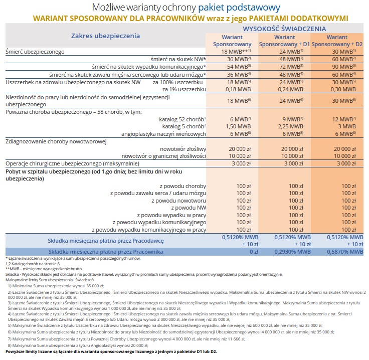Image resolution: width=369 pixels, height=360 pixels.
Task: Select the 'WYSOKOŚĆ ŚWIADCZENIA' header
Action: pyautogui.click(x=284, y=29)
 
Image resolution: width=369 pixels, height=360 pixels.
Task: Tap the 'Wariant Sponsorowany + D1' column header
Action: pyautogui.click(x=284, y=41)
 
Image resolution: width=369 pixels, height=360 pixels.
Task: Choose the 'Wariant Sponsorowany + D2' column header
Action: pyautogui.click(x=337, y=41)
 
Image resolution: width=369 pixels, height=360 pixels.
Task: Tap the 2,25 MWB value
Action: pyautogui.click(x=284, y=126)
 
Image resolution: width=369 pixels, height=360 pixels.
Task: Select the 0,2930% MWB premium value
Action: pyautogui.click(x=284, y=251)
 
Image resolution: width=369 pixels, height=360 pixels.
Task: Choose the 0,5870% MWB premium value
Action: pyautogui.click(x=337, y=251)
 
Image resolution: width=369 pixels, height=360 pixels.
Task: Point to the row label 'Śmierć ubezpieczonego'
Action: pyautogui.click(x=35, y=52)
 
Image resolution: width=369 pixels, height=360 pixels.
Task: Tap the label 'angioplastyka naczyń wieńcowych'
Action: pyautogui.click(x=163, y=134)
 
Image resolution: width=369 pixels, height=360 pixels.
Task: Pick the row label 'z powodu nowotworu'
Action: pyautogui.click(x=179, y=200)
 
